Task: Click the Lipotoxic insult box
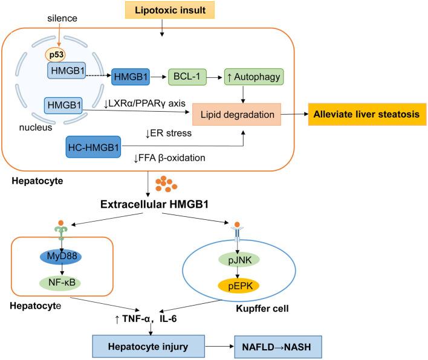pyautogui.click(x=170, y=10)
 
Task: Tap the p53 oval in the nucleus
pyautogui.click(x=56, y=55)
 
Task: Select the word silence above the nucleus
pyautogui.click(x=62, y=18)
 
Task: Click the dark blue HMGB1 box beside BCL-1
pyautogui.click(x=131, y=77)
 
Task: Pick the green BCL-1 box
pyautogui.click(x=187, y=77)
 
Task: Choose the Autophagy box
pyautogui.click(x=254, y=77)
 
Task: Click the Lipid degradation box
pyautogui.click(x=236, y=114)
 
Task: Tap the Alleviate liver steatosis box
pyautogui.click(x=367, y=114)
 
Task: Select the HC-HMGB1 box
pyautogui.click(x=93, y=147)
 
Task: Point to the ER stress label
pyautogui.click(x=169, y=133)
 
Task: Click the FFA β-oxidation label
pyautogui.click(x=169, y=158)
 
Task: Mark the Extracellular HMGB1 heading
pyautogui.click(x=154, y=204)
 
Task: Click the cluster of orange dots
pyautogui.click(x=166, y=184)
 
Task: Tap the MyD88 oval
pyautogui.click(x=61, y=256)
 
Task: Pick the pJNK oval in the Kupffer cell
pyautogui.click(x=239, y=260)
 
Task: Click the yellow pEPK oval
pyautogui.click(x=239, y=286)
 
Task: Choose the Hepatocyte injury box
pyautogui.click(x=149, y=346)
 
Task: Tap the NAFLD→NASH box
pyautogui.click(x=278, y=347)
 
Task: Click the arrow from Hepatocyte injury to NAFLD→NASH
pyautogui.click(x=219, y=346)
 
